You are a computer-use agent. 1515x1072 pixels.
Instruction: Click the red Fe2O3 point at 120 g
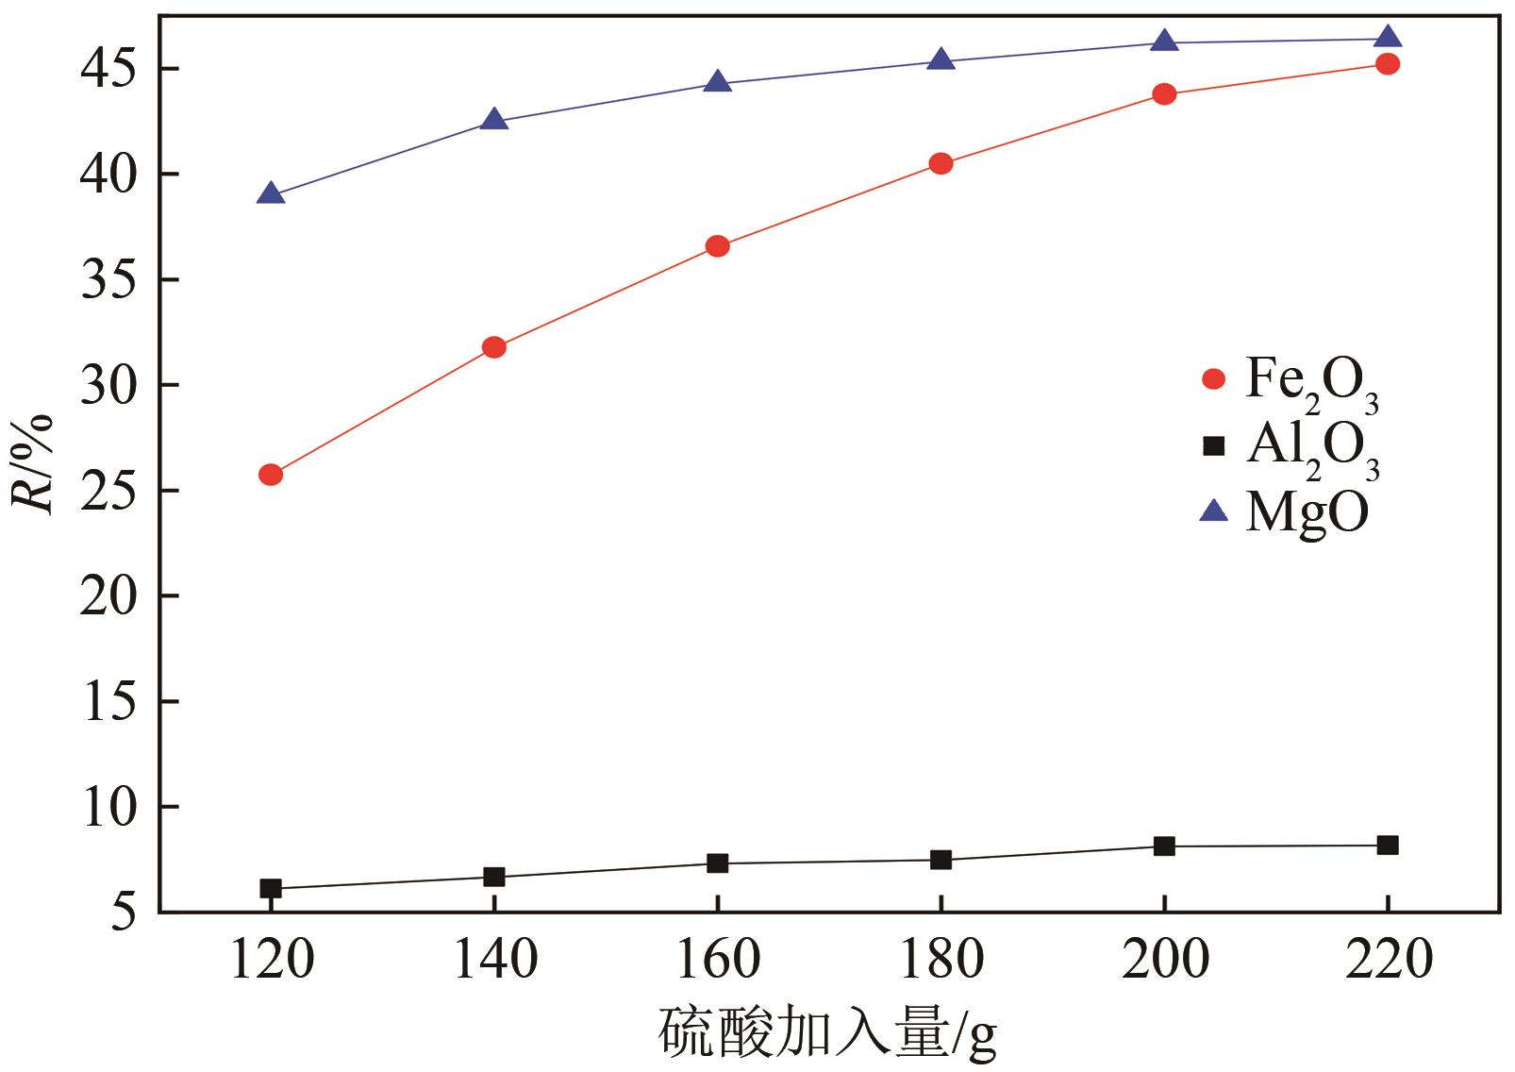271,475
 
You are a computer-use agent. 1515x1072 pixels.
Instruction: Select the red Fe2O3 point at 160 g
717,246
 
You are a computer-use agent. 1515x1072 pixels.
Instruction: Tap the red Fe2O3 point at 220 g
1387,64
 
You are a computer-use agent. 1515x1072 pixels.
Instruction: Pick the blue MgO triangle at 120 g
271,194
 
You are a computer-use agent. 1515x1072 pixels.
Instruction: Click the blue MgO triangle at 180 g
941,60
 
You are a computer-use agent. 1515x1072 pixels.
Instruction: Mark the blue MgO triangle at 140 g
494,120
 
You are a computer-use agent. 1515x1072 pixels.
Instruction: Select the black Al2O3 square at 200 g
1164,846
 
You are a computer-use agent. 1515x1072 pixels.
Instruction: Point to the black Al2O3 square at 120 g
271,888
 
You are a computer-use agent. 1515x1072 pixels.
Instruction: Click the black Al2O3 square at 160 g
717,863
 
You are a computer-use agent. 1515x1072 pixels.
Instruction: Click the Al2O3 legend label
1312,448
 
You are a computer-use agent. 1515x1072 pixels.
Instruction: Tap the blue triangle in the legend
1213,511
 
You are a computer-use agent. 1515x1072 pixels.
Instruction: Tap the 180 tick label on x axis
941,961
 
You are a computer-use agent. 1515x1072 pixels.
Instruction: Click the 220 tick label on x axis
1387,961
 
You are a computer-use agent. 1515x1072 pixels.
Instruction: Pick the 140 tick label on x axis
494,961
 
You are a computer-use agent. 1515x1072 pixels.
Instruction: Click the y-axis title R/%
35,462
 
